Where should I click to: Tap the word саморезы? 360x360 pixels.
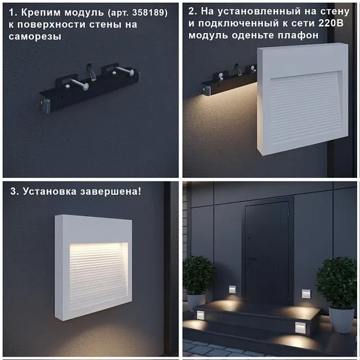pos(35,36)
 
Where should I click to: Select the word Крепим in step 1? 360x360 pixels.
pos(42,13)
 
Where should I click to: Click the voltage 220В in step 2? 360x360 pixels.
pos(331,23)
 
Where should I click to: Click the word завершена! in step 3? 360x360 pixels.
pos(111,191)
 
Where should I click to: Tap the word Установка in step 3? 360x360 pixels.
pos(50,191)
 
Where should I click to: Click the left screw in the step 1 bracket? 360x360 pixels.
pos(78,84)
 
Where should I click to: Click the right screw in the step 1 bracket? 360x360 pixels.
pos(124,70)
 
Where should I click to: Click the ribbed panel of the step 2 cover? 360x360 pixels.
pos(306,108)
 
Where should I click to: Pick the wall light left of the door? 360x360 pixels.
pos(232,290)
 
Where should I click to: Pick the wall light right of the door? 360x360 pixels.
pos(306,294)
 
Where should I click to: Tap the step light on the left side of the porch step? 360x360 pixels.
pos(201,316)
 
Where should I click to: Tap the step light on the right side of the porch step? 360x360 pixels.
pos(300,328)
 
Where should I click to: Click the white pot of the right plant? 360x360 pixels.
pos(341,319)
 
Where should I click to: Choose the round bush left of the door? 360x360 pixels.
pos(198,274)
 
